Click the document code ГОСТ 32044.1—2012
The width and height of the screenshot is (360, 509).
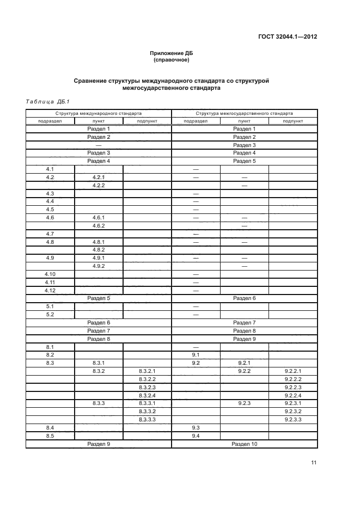287,37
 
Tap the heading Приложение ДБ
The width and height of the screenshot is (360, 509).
172,53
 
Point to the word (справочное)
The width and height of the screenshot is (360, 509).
172,60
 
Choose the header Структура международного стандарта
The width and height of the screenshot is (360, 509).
99,113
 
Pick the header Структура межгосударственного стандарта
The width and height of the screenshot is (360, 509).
245,113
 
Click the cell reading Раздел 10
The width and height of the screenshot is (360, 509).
245,444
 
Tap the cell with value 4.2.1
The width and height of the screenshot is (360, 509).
99,177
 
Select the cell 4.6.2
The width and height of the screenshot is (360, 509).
99,225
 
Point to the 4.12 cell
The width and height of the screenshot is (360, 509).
50,290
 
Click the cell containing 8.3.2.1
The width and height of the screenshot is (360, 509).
147,371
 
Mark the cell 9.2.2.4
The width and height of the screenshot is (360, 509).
293,395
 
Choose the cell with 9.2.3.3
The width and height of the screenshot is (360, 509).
293,420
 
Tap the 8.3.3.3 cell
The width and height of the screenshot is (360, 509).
147,420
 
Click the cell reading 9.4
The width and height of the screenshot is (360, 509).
196,436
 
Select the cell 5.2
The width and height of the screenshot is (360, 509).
50,315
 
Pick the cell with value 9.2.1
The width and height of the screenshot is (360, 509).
245,363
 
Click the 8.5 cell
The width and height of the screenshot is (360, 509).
50,436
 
